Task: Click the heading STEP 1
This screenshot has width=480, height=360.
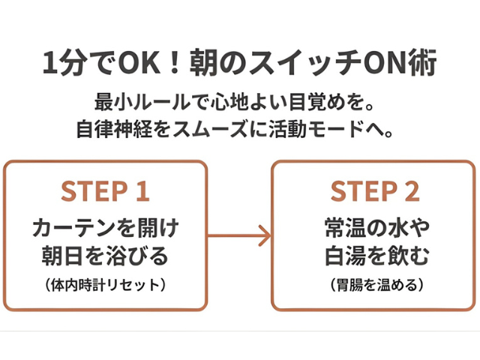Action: pyautogui.click(x=105, y=192)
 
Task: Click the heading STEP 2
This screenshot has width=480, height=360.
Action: pyautogui.click(x=375, y=192)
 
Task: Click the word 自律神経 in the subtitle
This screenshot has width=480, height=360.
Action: pyautogui.click(x=115, y=128)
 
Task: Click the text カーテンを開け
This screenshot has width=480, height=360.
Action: pyautogui.click(x=105, y=226)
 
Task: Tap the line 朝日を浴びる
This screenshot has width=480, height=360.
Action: pyautogui.click(x=105, y=256)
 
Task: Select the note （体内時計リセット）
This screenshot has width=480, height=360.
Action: pyautogui.click(x=105, y=285)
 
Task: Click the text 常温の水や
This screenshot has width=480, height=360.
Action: pyautogui.click(x=376, y=226)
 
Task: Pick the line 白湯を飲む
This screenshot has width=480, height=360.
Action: pyautogui.click(x=376, y=256)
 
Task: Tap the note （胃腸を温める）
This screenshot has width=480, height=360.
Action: pyautogui.click(x=376, y=285)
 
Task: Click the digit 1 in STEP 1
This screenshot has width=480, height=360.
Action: pyautogui.click(x=142, y=192)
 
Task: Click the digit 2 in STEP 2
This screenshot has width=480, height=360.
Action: pyautogui.click(x=411, y=192)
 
